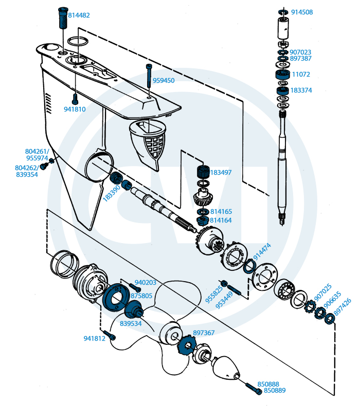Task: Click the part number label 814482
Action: tap(79, 15)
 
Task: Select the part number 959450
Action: tap(164, 81)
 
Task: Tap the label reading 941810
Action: tap(75, 109)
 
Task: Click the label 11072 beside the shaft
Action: tap(301, 75)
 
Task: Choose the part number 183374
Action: tap(301, 90)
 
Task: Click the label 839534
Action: tap(131, 324)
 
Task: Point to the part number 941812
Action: tap(94, 338)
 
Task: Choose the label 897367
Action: tap(204, 333)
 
